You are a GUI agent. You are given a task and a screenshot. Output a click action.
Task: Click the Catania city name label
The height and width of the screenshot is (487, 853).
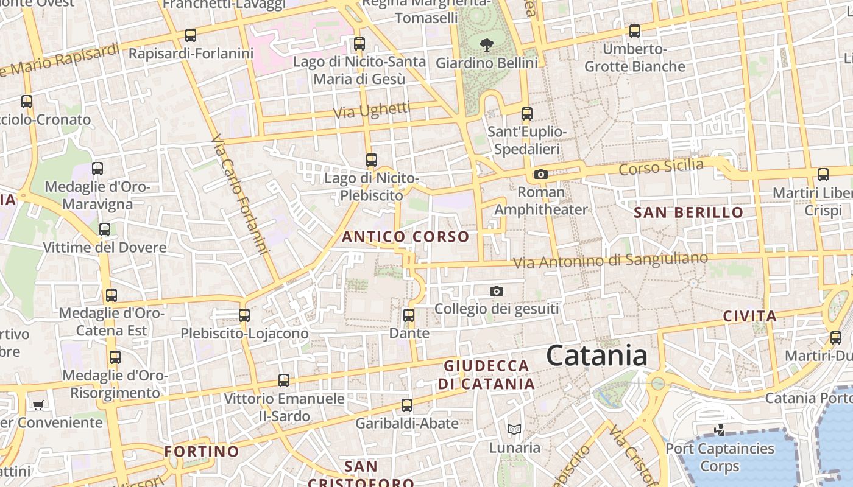pos(596,356)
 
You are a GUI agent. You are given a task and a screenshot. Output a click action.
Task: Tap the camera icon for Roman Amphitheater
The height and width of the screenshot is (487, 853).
pos(540,175)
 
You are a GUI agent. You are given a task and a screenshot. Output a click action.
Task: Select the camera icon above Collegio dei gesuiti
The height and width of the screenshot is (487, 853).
pos(497,292)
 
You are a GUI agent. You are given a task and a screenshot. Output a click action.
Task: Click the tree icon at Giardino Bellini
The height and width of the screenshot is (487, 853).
pos(486,44)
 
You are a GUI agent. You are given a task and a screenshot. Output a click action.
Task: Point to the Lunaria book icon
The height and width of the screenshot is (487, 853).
pos(514,430)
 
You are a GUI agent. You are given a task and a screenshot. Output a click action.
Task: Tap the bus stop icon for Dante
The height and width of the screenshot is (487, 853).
pos(409,315)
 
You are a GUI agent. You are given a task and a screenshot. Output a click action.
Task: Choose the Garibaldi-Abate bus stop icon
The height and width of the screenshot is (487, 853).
pos(406,405)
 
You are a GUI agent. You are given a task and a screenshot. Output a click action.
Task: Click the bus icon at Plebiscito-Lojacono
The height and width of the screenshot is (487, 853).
pos(244,315)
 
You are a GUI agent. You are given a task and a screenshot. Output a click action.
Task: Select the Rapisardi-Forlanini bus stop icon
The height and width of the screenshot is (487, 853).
pos(191,35)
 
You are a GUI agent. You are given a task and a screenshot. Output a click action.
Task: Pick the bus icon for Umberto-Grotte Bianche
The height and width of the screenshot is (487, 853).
pos(635,30)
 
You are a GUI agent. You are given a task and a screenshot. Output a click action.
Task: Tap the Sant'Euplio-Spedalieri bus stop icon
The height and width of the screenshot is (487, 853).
pos(527,114)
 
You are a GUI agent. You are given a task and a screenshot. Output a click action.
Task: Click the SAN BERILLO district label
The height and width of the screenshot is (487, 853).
pos(688,212)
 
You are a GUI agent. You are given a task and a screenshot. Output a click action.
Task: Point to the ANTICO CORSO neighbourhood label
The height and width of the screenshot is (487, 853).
pos(406,237)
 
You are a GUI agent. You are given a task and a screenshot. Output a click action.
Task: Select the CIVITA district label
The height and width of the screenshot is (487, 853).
pos(749,317)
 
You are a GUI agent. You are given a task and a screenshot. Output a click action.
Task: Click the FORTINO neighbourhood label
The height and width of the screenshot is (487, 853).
pos(202,452)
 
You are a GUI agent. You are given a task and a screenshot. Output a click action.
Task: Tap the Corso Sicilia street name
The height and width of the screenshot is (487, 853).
pos(661,166)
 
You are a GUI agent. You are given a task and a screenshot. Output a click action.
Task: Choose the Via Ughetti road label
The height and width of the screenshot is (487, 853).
pos(372,110)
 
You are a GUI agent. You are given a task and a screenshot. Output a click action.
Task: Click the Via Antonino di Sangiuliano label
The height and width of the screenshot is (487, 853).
pos(611,260)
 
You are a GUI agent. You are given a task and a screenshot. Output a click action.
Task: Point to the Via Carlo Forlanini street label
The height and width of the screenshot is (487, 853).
pos(240,195)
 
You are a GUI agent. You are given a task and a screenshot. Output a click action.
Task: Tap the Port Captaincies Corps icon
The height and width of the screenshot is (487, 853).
pos(720,430)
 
